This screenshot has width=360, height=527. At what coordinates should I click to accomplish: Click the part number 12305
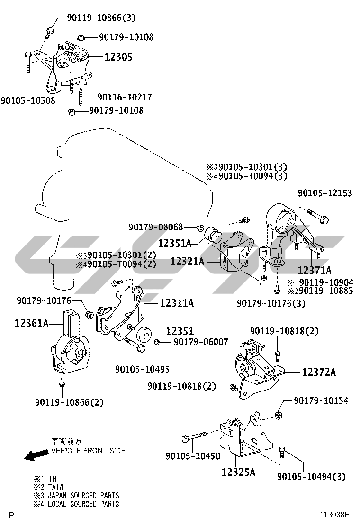[x=118, y=57]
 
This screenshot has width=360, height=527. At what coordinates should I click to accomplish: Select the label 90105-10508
[x=28, y=100]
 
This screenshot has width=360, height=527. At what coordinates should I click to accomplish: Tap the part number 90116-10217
[x=125, y=97]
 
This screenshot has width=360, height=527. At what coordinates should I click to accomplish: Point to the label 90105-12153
[x=325, y=193]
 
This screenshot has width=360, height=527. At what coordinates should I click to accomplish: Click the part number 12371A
[x=315, y=270]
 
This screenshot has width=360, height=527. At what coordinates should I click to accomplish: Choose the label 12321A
[x=187, y=261]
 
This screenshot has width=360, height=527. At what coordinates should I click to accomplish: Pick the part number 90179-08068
[x=156, y=227]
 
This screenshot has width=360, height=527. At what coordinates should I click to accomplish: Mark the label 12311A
[x=177, y=302]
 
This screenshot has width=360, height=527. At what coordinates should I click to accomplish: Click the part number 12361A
[x=32, y=323]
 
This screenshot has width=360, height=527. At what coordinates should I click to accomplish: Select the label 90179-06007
[x=201, y=342]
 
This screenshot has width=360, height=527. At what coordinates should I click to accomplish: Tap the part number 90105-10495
[x=142, y=369]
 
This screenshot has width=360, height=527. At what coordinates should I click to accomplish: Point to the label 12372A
[x=319, y=373]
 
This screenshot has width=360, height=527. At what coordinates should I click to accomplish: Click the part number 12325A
[x=238, y=472]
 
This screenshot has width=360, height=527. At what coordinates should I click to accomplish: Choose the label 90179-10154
[x=321, y=401]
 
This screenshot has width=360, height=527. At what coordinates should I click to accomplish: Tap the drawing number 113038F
[x=334, y=514]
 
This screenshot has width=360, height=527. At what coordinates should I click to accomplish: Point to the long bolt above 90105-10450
[x=193, y=436]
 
